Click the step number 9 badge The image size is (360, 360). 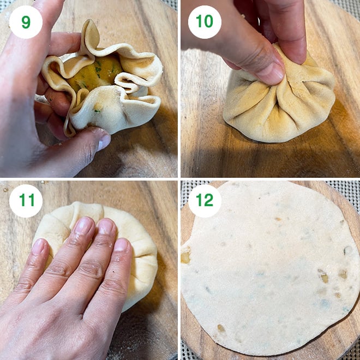click(26, 22)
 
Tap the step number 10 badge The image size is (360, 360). click(205, 22)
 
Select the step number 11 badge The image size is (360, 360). click(26, 201)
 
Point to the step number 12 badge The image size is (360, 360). click(205, 201)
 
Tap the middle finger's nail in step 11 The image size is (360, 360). click(105, 227)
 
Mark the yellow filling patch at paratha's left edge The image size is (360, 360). click(185, 255)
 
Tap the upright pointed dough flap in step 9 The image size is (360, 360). click(91, 34)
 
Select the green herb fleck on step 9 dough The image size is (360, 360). click(97, 111)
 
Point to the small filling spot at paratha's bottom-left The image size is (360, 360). click(221, 328)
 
